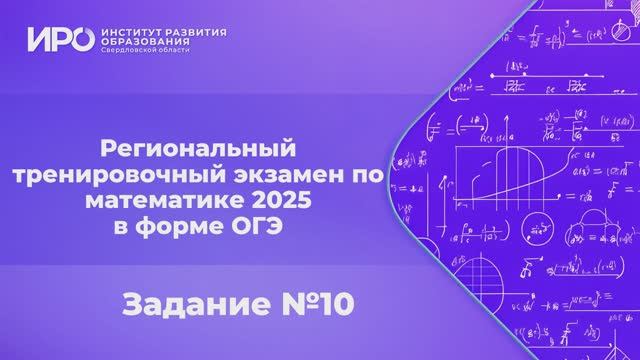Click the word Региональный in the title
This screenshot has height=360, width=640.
(201, 149)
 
